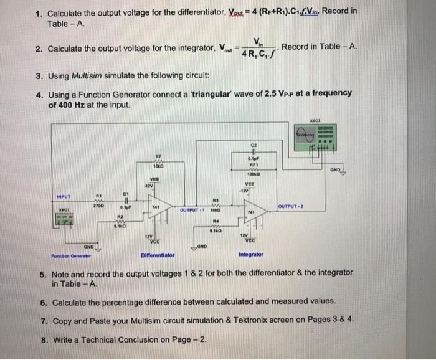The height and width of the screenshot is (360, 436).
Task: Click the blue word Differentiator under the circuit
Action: [x=158, y=255]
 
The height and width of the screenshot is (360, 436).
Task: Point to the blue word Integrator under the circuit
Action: [x=251, y=255]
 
